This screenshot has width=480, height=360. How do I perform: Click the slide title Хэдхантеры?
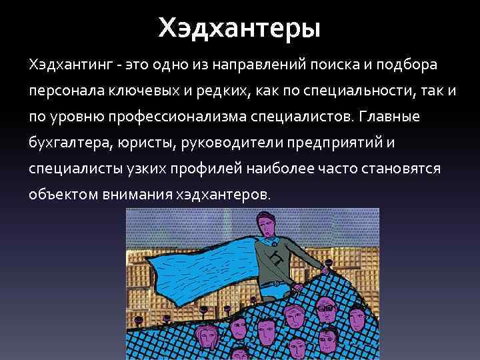point(239,28)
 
